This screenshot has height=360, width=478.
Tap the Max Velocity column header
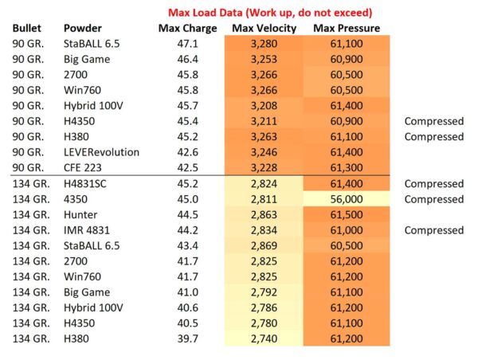click(265, 29)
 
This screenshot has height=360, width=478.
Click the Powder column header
click(83, 29)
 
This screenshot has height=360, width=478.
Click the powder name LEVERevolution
click(101, 152)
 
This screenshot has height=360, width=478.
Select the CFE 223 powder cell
click(84, 167)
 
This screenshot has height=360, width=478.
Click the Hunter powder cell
click(80, 214)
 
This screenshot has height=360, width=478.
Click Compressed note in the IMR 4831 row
click(433, 229)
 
